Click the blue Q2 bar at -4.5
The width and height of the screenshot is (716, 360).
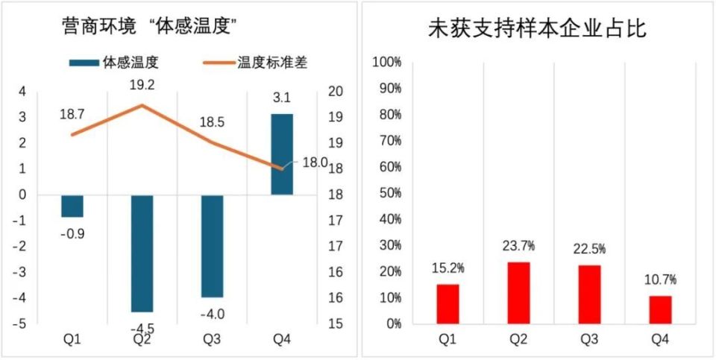tap(142, 253)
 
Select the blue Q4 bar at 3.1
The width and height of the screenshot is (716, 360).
tap(282, 154)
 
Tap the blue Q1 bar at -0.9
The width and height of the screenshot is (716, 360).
tap(72, 206)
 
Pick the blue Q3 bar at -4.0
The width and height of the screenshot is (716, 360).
tap(212, 246)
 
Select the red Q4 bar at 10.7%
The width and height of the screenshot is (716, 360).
tap(660, 309)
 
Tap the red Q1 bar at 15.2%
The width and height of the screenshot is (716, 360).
tap(447, 304)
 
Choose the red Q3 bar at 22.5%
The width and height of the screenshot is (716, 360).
tap(589, 294)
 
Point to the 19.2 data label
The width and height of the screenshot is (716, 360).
tap(142, 85)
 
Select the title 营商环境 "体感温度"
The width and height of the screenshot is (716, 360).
tap(149, 28)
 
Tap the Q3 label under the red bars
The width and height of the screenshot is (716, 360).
tap(589, 340)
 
